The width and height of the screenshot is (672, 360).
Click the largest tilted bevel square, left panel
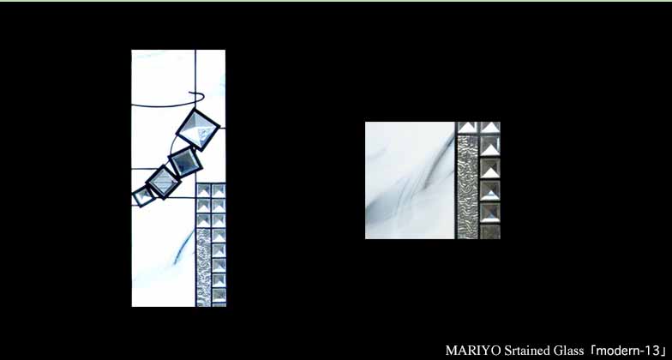[198, 129]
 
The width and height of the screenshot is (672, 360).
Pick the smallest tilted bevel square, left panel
[142, 196]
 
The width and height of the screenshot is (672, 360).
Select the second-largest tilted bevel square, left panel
[185, 161]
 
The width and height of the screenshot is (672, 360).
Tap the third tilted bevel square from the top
[163, 182]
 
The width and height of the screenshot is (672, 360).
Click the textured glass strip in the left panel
[204, 267]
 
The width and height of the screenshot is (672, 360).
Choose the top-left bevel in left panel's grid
[204, 190]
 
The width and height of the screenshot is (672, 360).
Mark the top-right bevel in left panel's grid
[219, 190]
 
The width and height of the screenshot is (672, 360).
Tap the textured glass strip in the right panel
[467, 187]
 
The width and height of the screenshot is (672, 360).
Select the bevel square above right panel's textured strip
[468, 128]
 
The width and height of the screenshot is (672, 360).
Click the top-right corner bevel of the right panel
[490, 128]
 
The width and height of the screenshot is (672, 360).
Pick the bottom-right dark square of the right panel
[490, 231]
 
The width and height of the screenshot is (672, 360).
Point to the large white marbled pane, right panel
[410, 180]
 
